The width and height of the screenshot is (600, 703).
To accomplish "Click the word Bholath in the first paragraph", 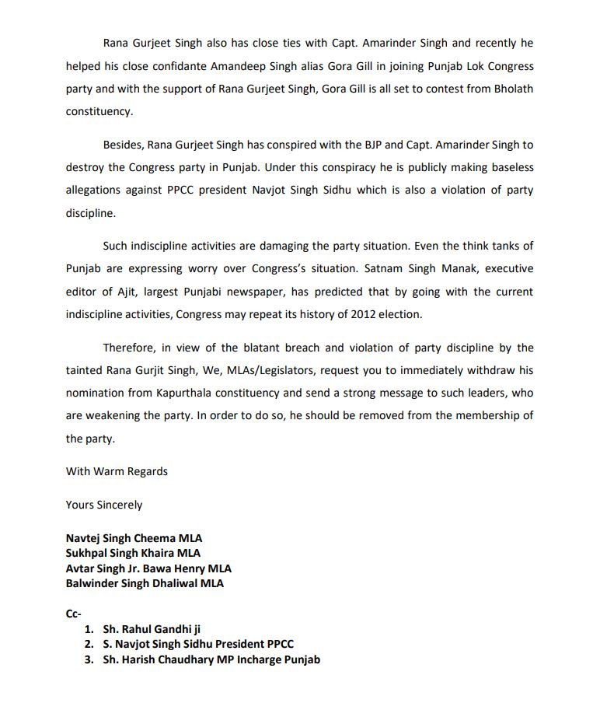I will click(511, 89).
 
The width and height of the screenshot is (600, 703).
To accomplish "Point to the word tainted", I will click(85, 370).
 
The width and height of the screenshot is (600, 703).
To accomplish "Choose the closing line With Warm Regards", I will click(117, 471).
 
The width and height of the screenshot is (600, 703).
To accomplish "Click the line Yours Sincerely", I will click(104, 505).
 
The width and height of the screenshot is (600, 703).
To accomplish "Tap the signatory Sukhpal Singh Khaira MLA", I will click(133, 553).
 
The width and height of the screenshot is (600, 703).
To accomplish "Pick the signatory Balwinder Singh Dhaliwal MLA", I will click(145, 583).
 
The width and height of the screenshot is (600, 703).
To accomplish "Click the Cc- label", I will click(74, 614).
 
